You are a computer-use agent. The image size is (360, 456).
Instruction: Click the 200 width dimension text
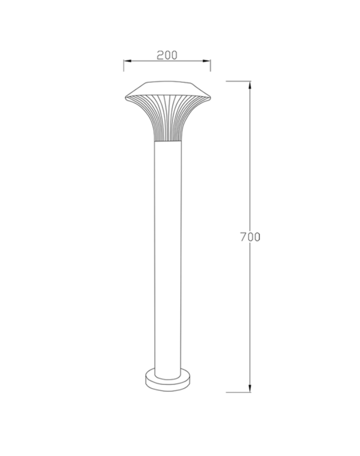167,55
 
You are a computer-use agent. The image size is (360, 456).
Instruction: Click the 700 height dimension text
250,237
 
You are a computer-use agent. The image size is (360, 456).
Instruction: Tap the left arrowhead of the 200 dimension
128,61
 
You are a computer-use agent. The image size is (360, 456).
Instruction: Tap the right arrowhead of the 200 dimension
207,61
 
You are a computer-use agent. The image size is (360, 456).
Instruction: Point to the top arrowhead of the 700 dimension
250,85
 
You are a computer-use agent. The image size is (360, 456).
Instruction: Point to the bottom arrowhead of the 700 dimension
250,388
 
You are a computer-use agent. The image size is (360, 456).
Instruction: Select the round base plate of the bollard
168,383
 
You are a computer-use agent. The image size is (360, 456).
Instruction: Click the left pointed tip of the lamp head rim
126,98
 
